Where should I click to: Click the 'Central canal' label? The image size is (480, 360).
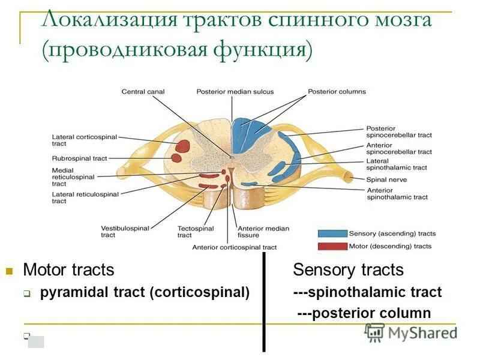(x=143, y=92)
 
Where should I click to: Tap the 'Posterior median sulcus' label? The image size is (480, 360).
(x=235, y=92)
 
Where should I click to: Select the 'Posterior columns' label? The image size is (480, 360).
(x=337, y=92)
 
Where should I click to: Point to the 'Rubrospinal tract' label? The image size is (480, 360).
(x=79, y=158)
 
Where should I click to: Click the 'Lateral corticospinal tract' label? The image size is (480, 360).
(x=79, y=140)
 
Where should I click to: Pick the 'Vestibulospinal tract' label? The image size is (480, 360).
(x=124, y=232)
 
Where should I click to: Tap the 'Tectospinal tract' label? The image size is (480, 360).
(x=193, y=232)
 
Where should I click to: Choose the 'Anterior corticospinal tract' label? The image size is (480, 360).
(x=234, y=247)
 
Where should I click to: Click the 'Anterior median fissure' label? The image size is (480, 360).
(x=263, y=232)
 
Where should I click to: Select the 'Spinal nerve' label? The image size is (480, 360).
(x=386, y=179)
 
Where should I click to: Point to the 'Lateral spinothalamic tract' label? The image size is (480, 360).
(x=397, y=164)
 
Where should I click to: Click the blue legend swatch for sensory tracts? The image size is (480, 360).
(x=332, y=233)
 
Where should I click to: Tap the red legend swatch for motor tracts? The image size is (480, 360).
(x=332, y=246)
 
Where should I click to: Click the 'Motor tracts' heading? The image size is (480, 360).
(x=68, y=270)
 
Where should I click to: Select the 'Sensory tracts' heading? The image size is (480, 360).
(x=348, y=270)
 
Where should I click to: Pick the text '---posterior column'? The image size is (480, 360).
(x=364, y=313)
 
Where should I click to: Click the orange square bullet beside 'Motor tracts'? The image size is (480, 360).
(x=9, y=271)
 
